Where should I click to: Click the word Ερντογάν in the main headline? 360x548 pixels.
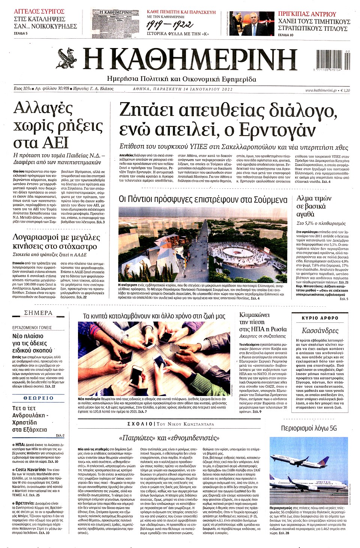click(x=277, y=129)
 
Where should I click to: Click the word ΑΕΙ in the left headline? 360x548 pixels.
click(x=54, y=143)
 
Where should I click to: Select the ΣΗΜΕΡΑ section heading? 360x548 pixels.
click(x=38, y=313)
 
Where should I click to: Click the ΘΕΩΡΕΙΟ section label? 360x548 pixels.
click(x=38, y=398)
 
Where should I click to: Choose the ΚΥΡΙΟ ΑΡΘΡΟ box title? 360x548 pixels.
click(x=320, y=318)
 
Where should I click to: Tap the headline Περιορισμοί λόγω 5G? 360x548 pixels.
click(x=309, y=428)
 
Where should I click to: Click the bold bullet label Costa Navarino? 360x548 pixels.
click(x=31, y=470)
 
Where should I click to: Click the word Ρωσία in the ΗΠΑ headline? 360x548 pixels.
click(x=278, y=329)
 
